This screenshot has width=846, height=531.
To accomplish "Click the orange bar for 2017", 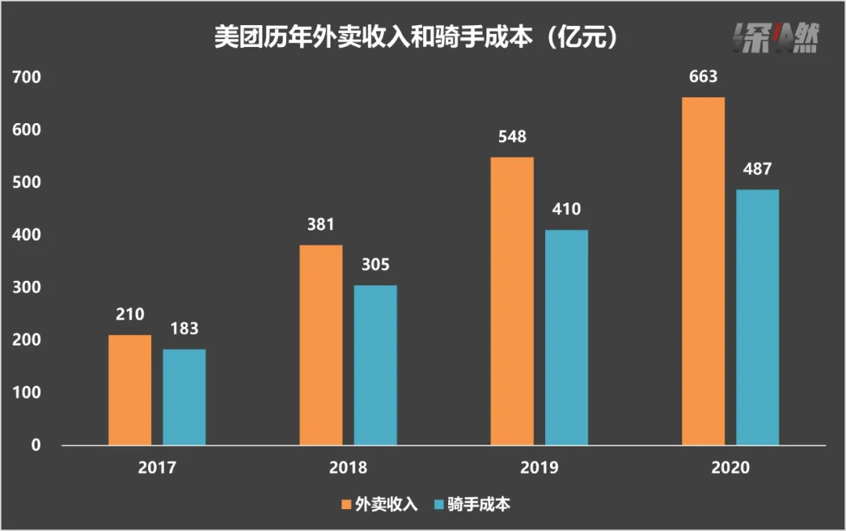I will tap(130, 390).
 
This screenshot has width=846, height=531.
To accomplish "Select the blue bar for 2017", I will tap(184, 397).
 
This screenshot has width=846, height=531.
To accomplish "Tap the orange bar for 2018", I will tap(321, 345).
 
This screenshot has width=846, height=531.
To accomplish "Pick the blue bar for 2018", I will tap(375, 365).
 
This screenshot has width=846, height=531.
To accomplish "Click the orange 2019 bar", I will tap(512, 301).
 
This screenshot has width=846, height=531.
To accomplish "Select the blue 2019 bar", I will tap(566, 337).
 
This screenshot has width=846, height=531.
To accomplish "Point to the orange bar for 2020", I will tap(703, 271).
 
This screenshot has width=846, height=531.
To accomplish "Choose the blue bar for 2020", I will tap(757, 317).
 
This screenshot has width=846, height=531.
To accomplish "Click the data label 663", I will tap(703, 78).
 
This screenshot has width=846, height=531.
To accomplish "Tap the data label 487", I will tap(757, 169).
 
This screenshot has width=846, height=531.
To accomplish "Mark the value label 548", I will tap(512, 137).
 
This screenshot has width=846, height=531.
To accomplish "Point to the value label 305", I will tap(375, 265).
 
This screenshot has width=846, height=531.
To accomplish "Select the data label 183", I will tap(184, 329).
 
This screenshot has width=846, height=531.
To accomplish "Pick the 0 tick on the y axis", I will tap(35, 446).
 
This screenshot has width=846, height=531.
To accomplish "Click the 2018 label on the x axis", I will tap(348, 467).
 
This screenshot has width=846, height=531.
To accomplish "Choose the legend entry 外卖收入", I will tap(379, 504).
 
